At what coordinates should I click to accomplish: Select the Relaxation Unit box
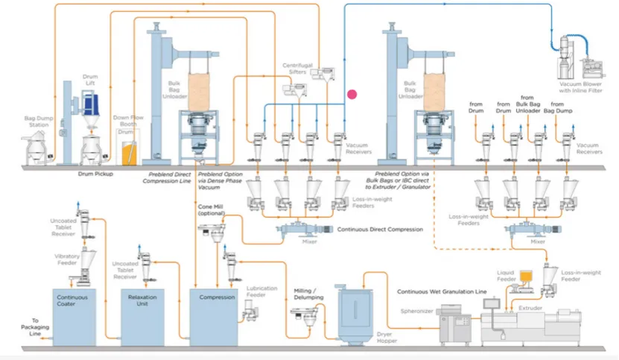point(143,313)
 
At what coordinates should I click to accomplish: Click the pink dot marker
point(352,94)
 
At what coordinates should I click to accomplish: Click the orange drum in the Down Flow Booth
point(130,153)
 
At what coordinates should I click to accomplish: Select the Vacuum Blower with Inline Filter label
point(584,86)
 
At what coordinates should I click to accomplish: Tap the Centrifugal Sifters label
point(296,69)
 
